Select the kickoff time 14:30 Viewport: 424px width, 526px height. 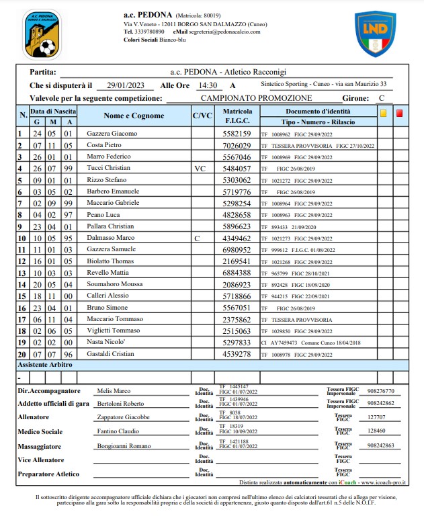coord(206,85)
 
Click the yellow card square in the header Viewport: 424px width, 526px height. coord(383,114)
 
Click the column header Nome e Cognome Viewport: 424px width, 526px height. coord(134,116)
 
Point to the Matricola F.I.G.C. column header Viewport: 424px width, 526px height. coord(237,116)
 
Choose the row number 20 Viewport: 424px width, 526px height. coord(22,354)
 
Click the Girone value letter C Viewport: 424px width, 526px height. coord(381,98)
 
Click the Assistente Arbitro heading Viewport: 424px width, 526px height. coord(45,365)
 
